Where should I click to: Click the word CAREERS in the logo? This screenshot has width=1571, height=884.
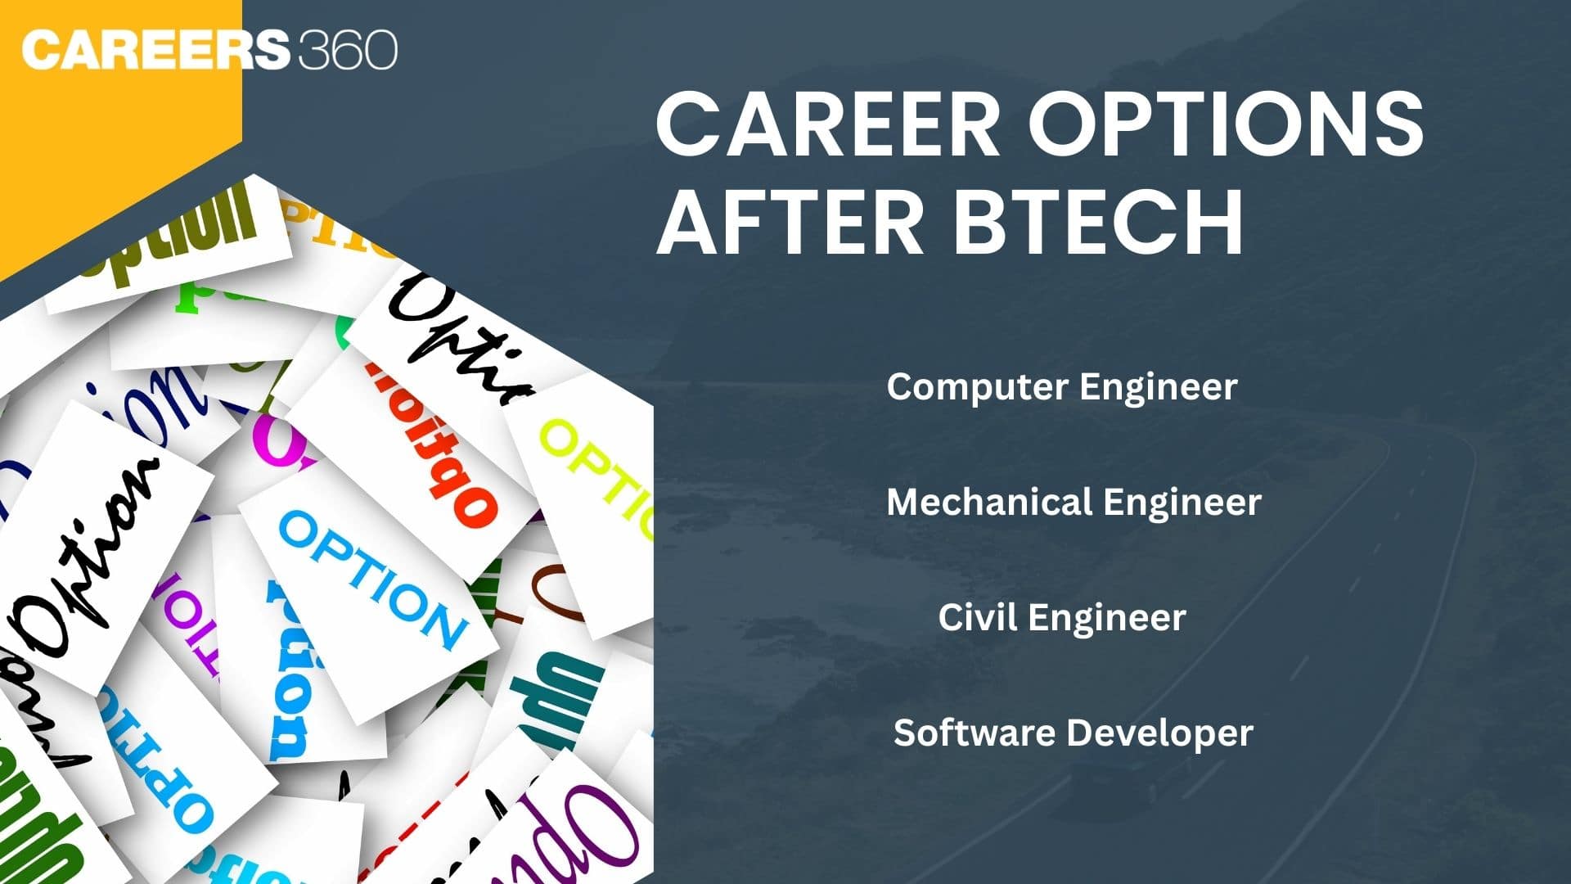(x=155, y=51)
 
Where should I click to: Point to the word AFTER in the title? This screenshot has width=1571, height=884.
(x=790, y=223)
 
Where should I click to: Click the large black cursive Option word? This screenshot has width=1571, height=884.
(x=90, y=557)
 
